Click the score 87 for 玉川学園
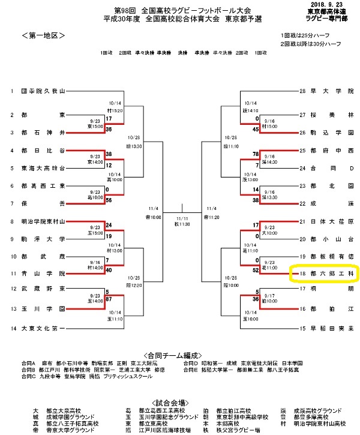click(x=109, y=298)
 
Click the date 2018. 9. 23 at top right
click(x=328, y=4)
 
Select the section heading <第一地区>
click(x=42, y=37)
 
